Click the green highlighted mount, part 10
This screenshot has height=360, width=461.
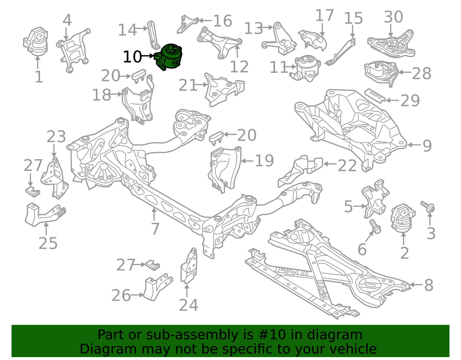(x=169, y=57)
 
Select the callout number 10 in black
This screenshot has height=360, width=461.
(x=132, y=57)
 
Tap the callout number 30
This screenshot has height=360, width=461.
(x=393, y=17)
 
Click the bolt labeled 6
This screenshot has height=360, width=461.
(x=375, y=227)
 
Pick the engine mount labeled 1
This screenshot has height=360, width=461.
(x=35, y=42)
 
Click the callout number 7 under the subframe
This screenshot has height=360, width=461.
(x=155, y=229)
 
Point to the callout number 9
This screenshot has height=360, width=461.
(x=427, y=146)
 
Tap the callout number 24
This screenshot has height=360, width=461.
(x=189, y=305)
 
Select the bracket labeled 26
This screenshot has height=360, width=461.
(x=158, y=287)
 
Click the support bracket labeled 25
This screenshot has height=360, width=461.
(x=45, y=215)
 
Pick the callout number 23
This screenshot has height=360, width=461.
(x=56, y=136)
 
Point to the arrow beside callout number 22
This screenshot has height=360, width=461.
(x=330, y=164)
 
